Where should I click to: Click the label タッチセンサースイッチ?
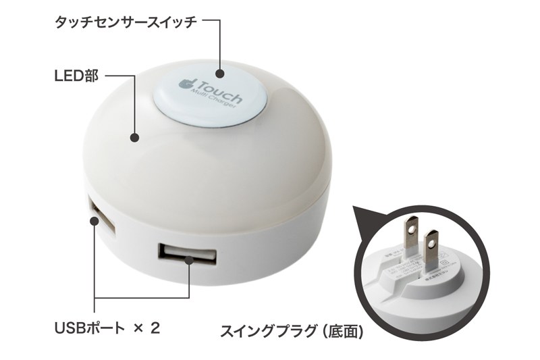click(x=126, y=22)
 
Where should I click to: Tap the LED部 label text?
click(x=76, y=76)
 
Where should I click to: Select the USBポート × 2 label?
click(x=107, y=329)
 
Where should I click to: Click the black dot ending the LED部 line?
click(x=134, y=138)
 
